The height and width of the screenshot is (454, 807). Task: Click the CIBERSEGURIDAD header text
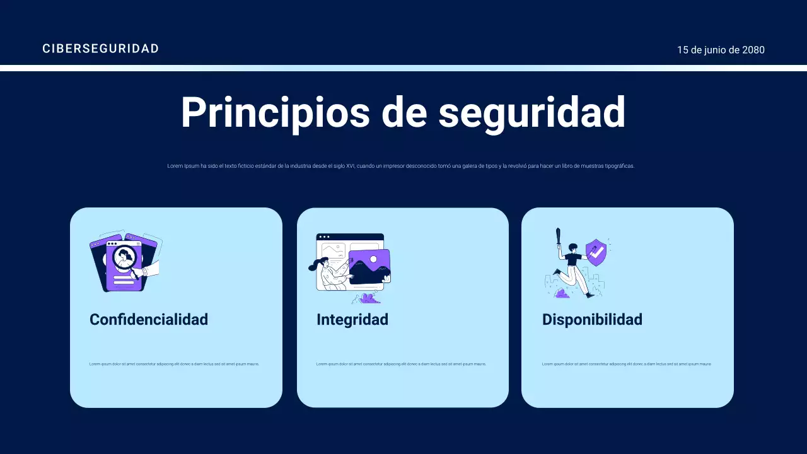click(100, 49)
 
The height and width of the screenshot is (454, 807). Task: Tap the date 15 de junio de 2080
click(721, 50)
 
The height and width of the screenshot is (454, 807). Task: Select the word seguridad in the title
click(531, 113)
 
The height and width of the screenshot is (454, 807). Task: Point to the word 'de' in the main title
click(403, 113)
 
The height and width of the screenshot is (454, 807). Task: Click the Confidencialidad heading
click(149, 320)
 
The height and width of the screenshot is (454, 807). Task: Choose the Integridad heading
click(352, 320)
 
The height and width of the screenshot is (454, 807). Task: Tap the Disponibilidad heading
click(592, 320)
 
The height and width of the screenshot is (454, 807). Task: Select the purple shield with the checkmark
click(596, 252)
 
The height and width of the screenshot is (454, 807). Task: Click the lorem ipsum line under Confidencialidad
click(174, 364)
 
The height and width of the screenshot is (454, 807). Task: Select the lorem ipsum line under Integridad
click(401, 364)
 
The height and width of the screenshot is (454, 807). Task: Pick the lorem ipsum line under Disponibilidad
click(627, 364)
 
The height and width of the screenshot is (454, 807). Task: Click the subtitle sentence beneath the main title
click(401, 166)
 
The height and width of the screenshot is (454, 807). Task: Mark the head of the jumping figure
click(573, 247)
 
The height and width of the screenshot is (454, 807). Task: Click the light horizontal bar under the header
click(403, 68)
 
